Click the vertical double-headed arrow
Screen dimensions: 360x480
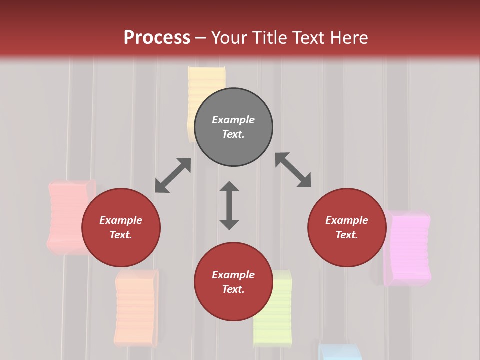click(x=229, y=205)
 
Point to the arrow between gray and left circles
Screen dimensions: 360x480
click(x=173, y=175)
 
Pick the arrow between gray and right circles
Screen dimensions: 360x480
click(x=293, y=170)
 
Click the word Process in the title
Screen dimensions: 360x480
click(x=157, y=37)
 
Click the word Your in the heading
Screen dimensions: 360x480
click(x=229, y=37)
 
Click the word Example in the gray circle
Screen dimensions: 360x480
click(x=233, y=120)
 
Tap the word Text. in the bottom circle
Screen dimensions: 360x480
click(x=233, y=289)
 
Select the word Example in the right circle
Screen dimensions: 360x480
click(x=347, y=220)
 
